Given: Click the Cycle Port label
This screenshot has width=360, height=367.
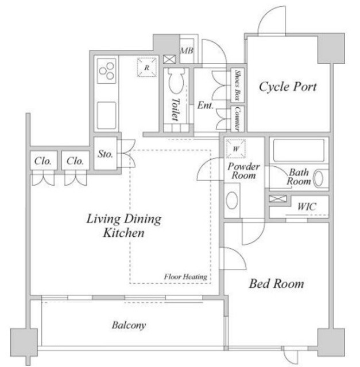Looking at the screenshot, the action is [x=288, y=87].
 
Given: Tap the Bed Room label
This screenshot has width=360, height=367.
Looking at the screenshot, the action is [x=276, y=283].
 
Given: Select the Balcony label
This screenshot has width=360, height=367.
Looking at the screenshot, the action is [x=129, y=325].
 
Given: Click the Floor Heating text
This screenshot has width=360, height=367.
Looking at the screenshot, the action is [x=185, y=277].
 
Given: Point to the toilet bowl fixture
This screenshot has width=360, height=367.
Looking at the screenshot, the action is [x=176, y=80].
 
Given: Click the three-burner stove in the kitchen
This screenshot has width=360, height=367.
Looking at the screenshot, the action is [x=107, y=71].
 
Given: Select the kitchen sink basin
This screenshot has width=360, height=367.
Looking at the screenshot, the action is [x=107, y=115].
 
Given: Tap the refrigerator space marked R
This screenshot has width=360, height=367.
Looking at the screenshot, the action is [x=147, y=67].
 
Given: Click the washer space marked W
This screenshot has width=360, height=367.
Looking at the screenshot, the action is [x=236, y=149].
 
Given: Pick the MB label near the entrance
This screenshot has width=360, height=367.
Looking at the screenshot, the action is [x=187, y=50].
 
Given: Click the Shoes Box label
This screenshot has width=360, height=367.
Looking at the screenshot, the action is [x=238, y=85].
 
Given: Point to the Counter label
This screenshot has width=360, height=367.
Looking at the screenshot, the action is [x=238, y=119].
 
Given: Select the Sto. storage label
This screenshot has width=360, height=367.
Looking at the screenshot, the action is [x=105, y=154].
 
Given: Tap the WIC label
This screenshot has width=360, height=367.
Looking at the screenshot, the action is [x=307, y=206].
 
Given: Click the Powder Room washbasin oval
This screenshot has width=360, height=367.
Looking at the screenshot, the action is [x=232, y=200].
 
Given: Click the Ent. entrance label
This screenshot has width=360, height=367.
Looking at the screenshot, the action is [x=206, y=105].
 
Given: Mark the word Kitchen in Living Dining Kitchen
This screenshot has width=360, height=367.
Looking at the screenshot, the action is [x=124, y=233].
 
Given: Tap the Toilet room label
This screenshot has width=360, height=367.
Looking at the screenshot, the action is [x=176, y=110].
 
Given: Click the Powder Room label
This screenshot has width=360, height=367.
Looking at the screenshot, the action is [x=243, y=171].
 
